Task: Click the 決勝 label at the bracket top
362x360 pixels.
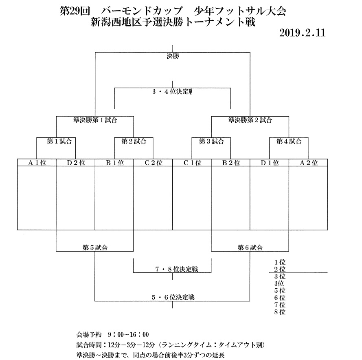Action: [173, 56]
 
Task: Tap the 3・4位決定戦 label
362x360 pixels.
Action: [172, 92]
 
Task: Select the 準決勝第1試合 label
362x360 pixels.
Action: [95, 120]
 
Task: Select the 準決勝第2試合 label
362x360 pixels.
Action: [250, 120]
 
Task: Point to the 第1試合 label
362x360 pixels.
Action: [56, 141]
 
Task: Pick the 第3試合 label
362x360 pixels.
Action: [211, 141]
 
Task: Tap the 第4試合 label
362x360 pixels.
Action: [289, 141]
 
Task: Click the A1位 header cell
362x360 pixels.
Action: [37, 163]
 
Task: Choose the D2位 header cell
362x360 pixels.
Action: [75, 163]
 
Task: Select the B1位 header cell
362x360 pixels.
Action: [114, 163]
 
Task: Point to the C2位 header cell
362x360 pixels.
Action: [153, 163]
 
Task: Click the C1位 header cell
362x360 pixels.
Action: [192, 163]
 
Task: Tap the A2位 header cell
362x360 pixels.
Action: [308, 163]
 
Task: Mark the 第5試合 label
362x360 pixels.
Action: [95, 247]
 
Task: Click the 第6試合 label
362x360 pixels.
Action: [250, 247]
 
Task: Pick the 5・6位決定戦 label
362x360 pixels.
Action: [173, 297]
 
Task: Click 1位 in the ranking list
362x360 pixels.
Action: [280, 262]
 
